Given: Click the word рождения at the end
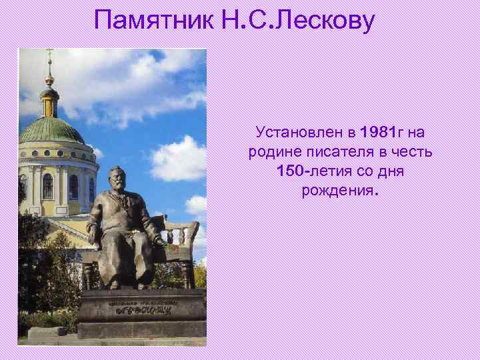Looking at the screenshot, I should coord(338,191).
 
